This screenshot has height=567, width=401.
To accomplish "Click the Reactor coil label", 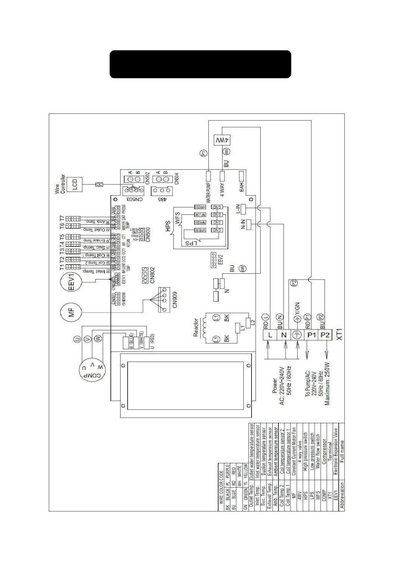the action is click(x=196, y=328).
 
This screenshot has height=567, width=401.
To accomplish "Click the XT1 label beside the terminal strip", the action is click(x=339, y=334).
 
